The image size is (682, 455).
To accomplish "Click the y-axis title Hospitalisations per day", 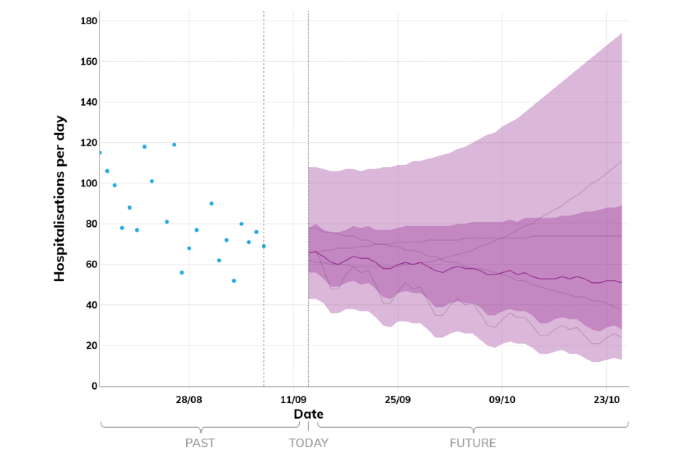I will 60,198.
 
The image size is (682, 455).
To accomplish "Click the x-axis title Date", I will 308,414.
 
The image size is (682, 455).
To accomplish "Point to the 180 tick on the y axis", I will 89,21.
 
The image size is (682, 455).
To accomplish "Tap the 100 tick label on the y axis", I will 89,183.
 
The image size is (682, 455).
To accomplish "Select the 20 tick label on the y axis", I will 91,346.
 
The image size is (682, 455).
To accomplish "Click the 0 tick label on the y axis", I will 93,386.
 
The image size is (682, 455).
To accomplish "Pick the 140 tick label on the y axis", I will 89,102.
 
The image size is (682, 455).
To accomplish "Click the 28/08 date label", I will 189,400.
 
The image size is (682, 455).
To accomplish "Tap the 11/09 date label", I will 293,400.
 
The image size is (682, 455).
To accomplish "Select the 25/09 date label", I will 398,400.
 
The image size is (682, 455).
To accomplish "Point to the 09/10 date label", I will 502,400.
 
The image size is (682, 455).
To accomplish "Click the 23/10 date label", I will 606,400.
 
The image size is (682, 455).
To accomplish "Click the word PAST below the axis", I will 200,443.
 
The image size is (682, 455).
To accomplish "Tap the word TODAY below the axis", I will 308,443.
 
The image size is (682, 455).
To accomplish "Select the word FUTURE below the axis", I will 472,443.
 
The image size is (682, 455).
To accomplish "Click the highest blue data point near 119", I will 174,144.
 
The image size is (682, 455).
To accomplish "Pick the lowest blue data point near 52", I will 234,281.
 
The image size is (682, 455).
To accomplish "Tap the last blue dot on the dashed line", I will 264,246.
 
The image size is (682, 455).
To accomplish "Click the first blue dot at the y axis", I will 99,153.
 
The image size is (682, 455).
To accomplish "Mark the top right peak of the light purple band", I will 622,33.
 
